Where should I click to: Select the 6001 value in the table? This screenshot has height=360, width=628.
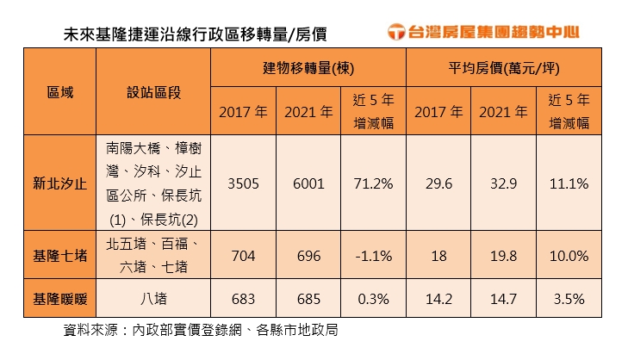(308, 183)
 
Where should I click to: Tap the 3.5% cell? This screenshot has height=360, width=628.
(569, 299)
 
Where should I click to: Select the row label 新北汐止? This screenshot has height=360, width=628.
(59, 183)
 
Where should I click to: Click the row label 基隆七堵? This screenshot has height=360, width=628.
(59, 256)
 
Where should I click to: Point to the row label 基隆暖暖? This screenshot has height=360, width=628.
(59, 299)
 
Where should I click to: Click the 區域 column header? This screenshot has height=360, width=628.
(59, 90)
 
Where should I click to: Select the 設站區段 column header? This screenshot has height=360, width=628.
(153, 90)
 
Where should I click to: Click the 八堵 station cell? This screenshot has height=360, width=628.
(153, 299)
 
